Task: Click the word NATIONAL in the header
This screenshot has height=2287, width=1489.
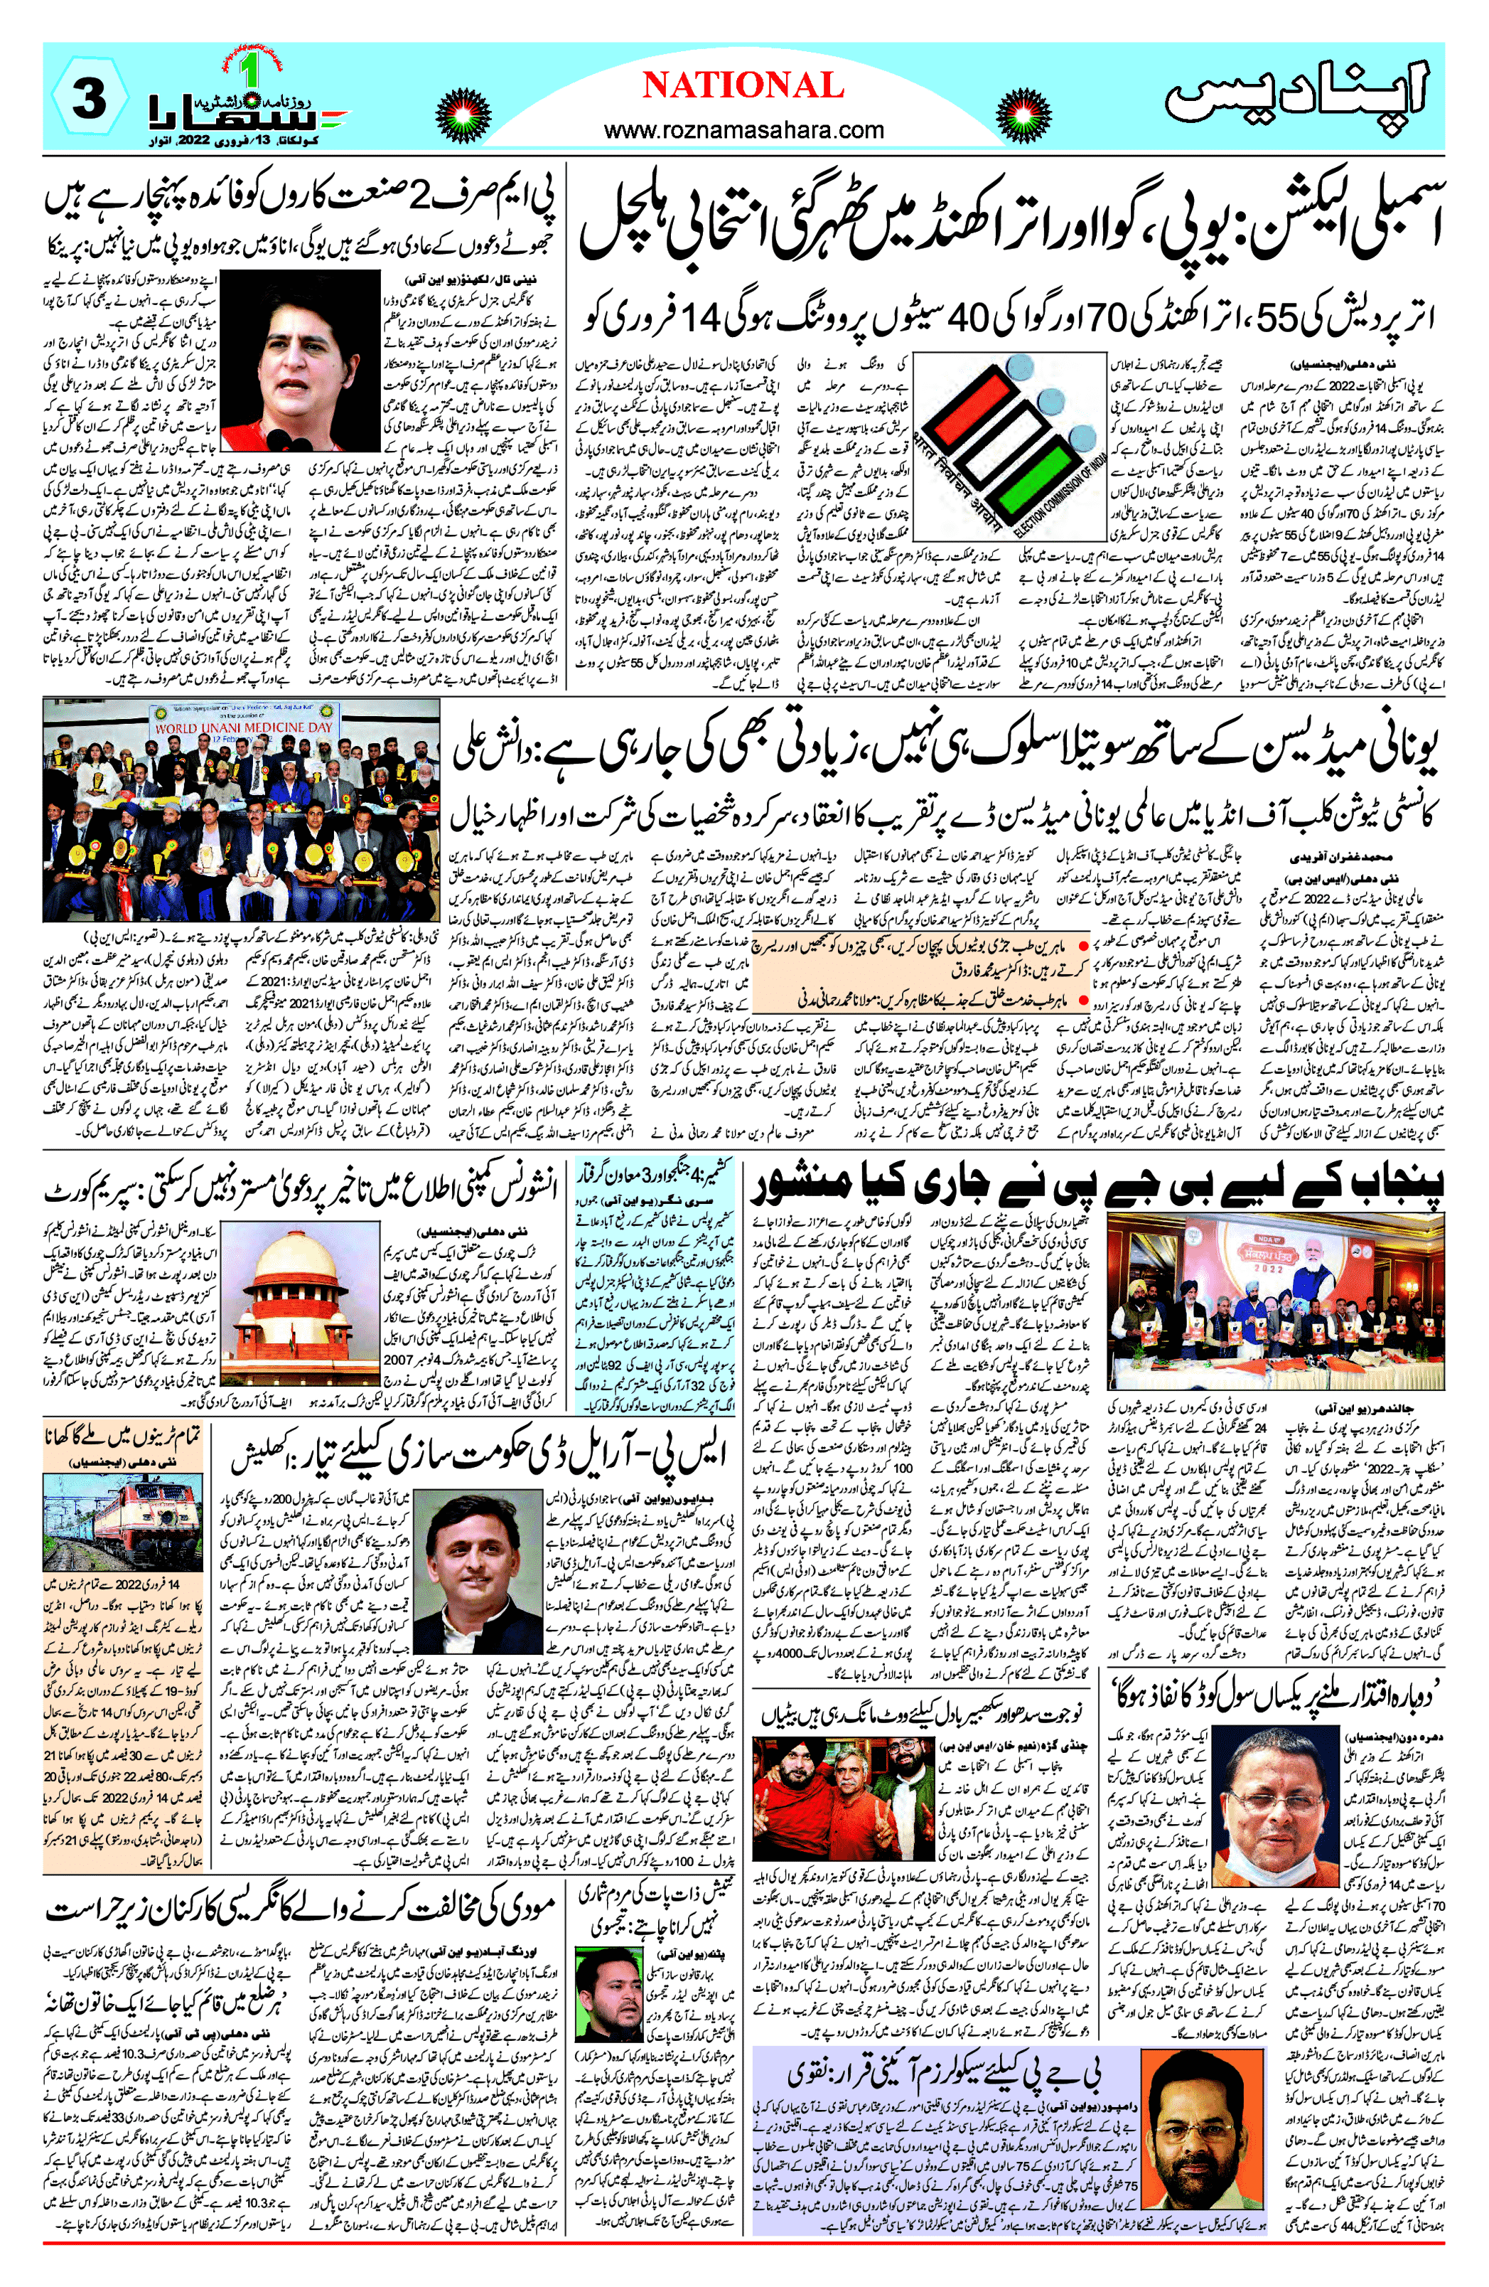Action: tap(743, 87)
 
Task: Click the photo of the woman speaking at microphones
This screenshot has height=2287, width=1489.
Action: tap(300, 359)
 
